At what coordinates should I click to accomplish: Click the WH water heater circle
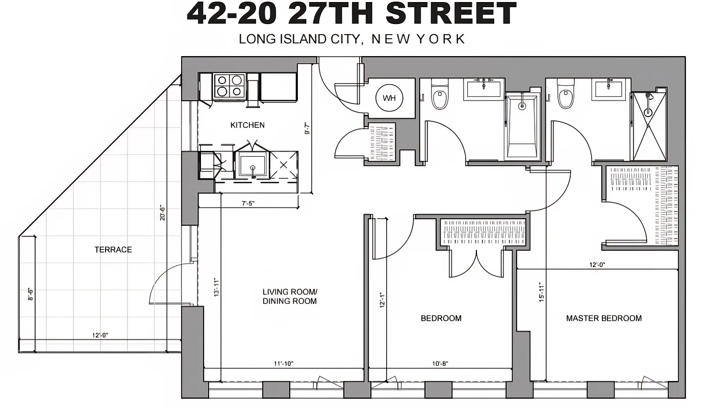coord(389,98)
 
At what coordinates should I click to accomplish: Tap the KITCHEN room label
coord(247,125)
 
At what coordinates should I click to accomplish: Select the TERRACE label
coord(113,249)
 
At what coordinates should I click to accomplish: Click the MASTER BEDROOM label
coord(604,318)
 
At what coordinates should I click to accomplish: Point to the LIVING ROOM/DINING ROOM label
coord(290,296)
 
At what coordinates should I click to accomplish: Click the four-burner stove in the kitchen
coord(229,86)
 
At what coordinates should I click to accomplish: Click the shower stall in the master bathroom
coord(649,126)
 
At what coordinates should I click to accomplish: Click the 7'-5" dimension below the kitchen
coord(248,203)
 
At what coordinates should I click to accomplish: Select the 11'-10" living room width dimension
coord(283,364)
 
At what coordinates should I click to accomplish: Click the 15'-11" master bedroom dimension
coord(541,293)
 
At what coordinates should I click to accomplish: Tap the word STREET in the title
coord(451,14)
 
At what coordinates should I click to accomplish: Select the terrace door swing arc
coord(166,283)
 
